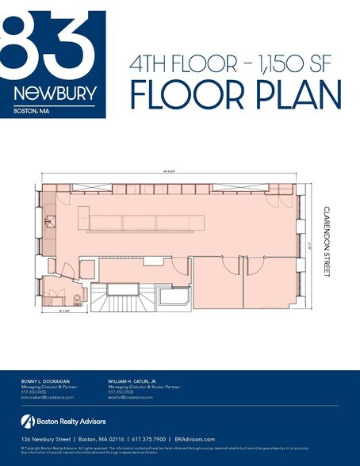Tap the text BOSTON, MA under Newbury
[31, 111]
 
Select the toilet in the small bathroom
[75, 298]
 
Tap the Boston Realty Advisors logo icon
[26, 421]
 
